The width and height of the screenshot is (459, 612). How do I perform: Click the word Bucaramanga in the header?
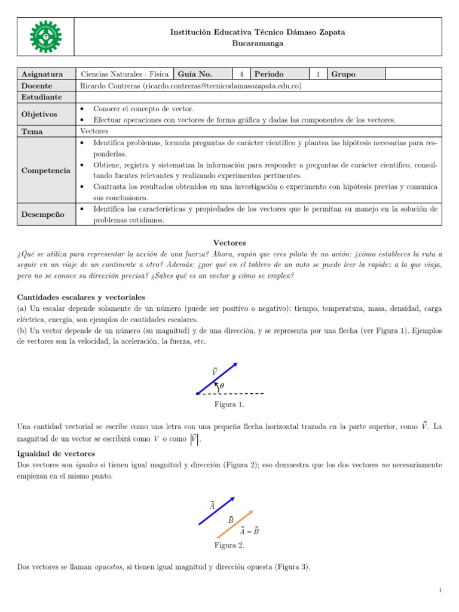[x=258, y=43]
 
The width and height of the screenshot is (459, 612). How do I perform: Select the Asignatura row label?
[x=42, y=74]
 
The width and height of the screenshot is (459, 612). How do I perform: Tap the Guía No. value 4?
[x=241, y=74]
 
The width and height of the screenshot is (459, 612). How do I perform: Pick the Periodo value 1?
[x=318, y=74]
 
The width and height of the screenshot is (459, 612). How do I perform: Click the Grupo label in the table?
[x=343, y=74]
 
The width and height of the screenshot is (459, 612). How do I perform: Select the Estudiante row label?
[x=42, y=97]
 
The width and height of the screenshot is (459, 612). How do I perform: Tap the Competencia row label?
[x=46, y=170]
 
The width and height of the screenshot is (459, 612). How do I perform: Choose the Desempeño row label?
[x=43, y=214]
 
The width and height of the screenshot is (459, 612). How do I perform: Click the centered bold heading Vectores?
[x=229, y=243]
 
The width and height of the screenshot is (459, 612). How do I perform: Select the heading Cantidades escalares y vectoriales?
[x=81, y=297]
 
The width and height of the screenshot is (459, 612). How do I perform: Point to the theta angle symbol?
[x=222, y=386]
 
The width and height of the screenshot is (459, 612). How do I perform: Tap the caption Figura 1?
[x=229, y=405]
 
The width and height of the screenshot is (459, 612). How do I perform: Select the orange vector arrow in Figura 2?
[x=235, y=524]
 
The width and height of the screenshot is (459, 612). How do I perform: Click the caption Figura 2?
[x=229, y=545]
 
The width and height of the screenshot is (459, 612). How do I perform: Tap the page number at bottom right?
[x=440, y=590]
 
